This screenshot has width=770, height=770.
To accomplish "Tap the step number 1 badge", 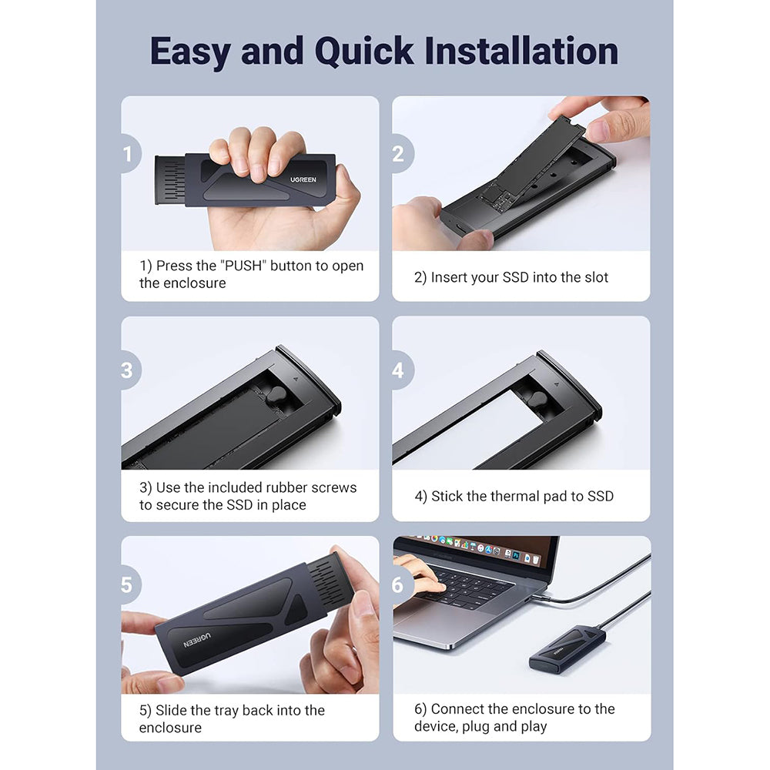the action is tap(130, 154).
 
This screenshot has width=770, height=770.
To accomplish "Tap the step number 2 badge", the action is tap(402, 154).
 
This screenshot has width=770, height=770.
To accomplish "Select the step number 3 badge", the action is tap(130, 370).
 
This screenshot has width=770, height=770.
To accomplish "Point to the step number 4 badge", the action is tap(402, 370).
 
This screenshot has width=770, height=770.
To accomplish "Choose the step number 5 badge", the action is tap(130, 585).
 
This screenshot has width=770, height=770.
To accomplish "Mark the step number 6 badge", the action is tap(402, 585).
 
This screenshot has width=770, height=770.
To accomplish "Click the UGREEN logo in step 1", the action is tap(303, 179).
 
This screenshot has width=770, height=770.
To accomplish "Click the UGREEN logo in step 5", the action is tap(197, 640).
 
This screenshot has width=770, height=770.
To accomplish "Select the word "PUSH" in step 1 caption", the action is tap(243, 266).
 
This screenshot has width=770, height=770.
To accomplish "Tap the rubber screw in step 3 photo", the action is tap(276, 395).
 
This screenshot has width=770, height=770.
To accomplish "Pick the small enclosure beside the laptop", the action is tap(567, 648).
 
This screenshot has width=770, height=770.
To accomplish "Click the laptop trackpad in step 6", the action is tap(428, 625).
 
